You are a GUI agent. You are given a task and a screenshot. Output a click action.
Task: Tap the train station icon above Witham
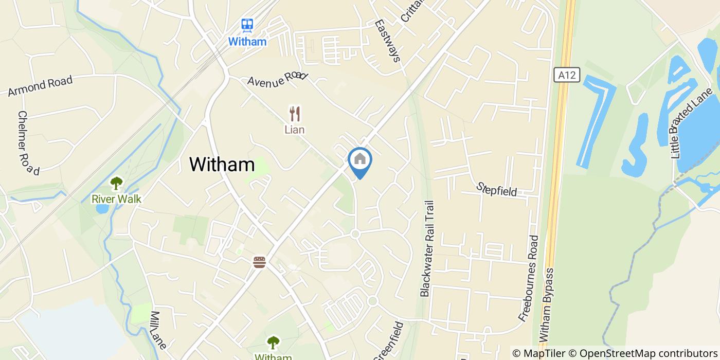(247, 25)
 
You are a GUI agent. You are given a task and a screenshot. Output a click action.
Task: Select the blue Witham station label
(247, 42)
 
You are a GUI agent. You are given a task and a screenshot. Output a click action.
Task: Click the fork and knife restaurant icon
(295, 113)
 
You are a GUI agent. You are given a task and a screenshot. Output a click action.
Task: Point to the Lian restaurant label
(295, 130)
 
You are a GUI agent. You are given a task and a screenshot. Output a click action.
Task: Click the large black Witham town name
(222, 165)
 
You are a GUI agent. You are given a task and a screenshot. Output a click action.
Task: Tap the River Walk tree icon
(117, 183)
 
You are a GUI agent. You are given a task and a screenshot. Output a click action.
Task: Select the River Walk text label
(116, 199)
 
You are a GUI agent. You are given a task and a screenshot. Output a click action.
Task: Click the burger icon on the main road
(259, 262)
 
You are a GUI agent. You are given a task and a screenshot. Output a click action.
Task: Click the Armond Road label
(40, 86)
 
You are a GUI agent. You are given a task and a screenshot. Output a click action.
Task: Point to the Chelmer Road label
(28, 143)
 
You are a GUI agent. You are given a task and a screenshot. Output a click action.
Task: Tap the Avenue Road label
(277, 78)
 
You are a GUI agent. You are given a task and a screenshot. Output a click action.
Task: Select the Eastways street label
(387, 41)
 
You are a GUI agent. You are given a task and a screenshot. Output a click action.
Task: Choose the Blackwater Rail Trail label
(428, 248)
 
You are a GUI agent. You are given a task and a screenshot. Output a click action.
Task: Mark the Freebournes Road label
(529, 278)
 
